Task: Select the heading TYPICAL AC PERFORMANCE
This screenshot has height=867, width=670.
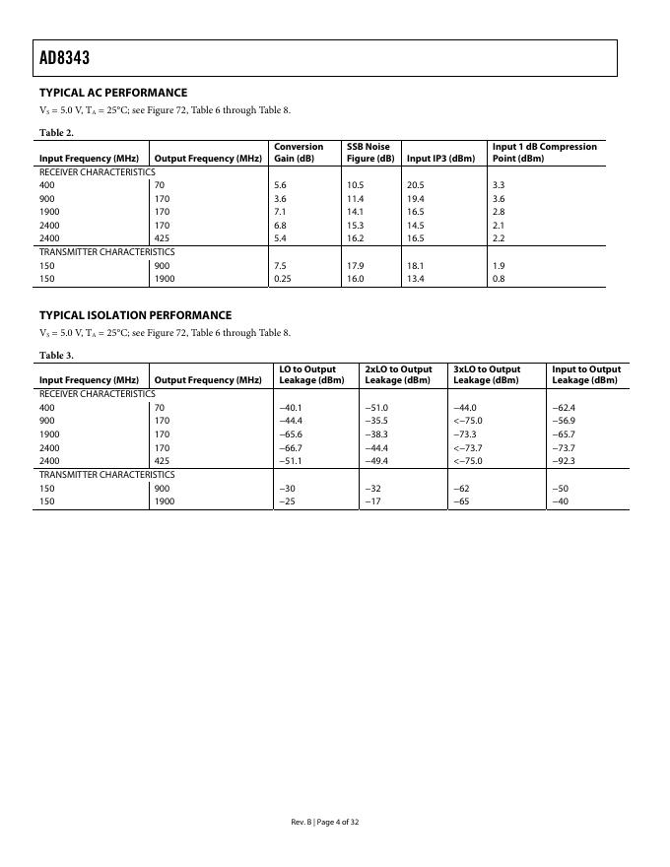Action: point(112,93)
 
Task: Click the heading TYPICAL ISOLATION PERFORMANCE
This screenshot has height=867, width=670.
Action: point(135,315)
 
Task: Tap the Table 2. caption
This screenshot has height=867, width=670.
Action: point(56,132)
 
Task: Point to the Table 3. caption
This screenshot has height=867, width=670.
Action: point(56,355)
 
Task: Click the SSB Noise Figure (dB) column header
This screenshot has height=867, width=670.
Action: point(369,153)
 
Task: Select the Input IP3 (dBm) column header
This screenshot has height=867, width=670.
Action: point(440,159)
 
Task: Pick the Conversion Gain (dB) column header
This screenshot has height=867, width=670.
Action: point(298,153)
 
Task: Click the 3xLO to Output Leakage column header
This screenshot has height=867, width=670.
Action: point(487,374)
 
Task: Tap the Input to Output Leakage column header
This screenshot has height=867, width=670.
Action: point(586,374)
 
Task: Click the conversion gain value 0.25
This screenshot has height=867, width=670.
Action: point(284,279)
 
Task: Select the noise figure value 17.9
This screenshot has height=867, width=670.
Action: point(356,265)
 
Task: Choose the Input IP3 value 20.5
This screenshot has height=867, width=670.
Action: point(416,185)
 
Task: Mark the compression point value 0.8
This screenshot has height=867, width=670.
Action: point(498,279)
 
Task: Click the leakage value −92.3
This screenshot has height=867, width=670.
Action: point(564,460)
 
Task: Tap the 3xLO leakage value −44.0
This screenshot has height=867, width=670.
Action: point(464,407)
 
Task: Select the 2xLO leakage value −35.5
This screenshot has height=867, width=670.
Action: point(376,421)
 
